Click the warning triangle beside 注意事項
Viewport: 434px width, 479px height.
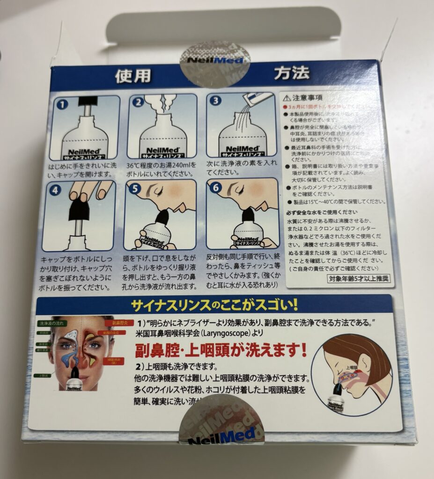[x=287, y=99]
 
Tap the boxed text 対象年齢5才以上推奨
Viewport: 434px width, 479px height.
[x=359, y=279]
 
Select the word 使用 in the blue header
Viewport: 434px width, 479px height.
[x=133, y=76]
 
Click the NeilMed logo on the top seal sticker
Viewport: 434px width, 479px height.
[x=215, y=60]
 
